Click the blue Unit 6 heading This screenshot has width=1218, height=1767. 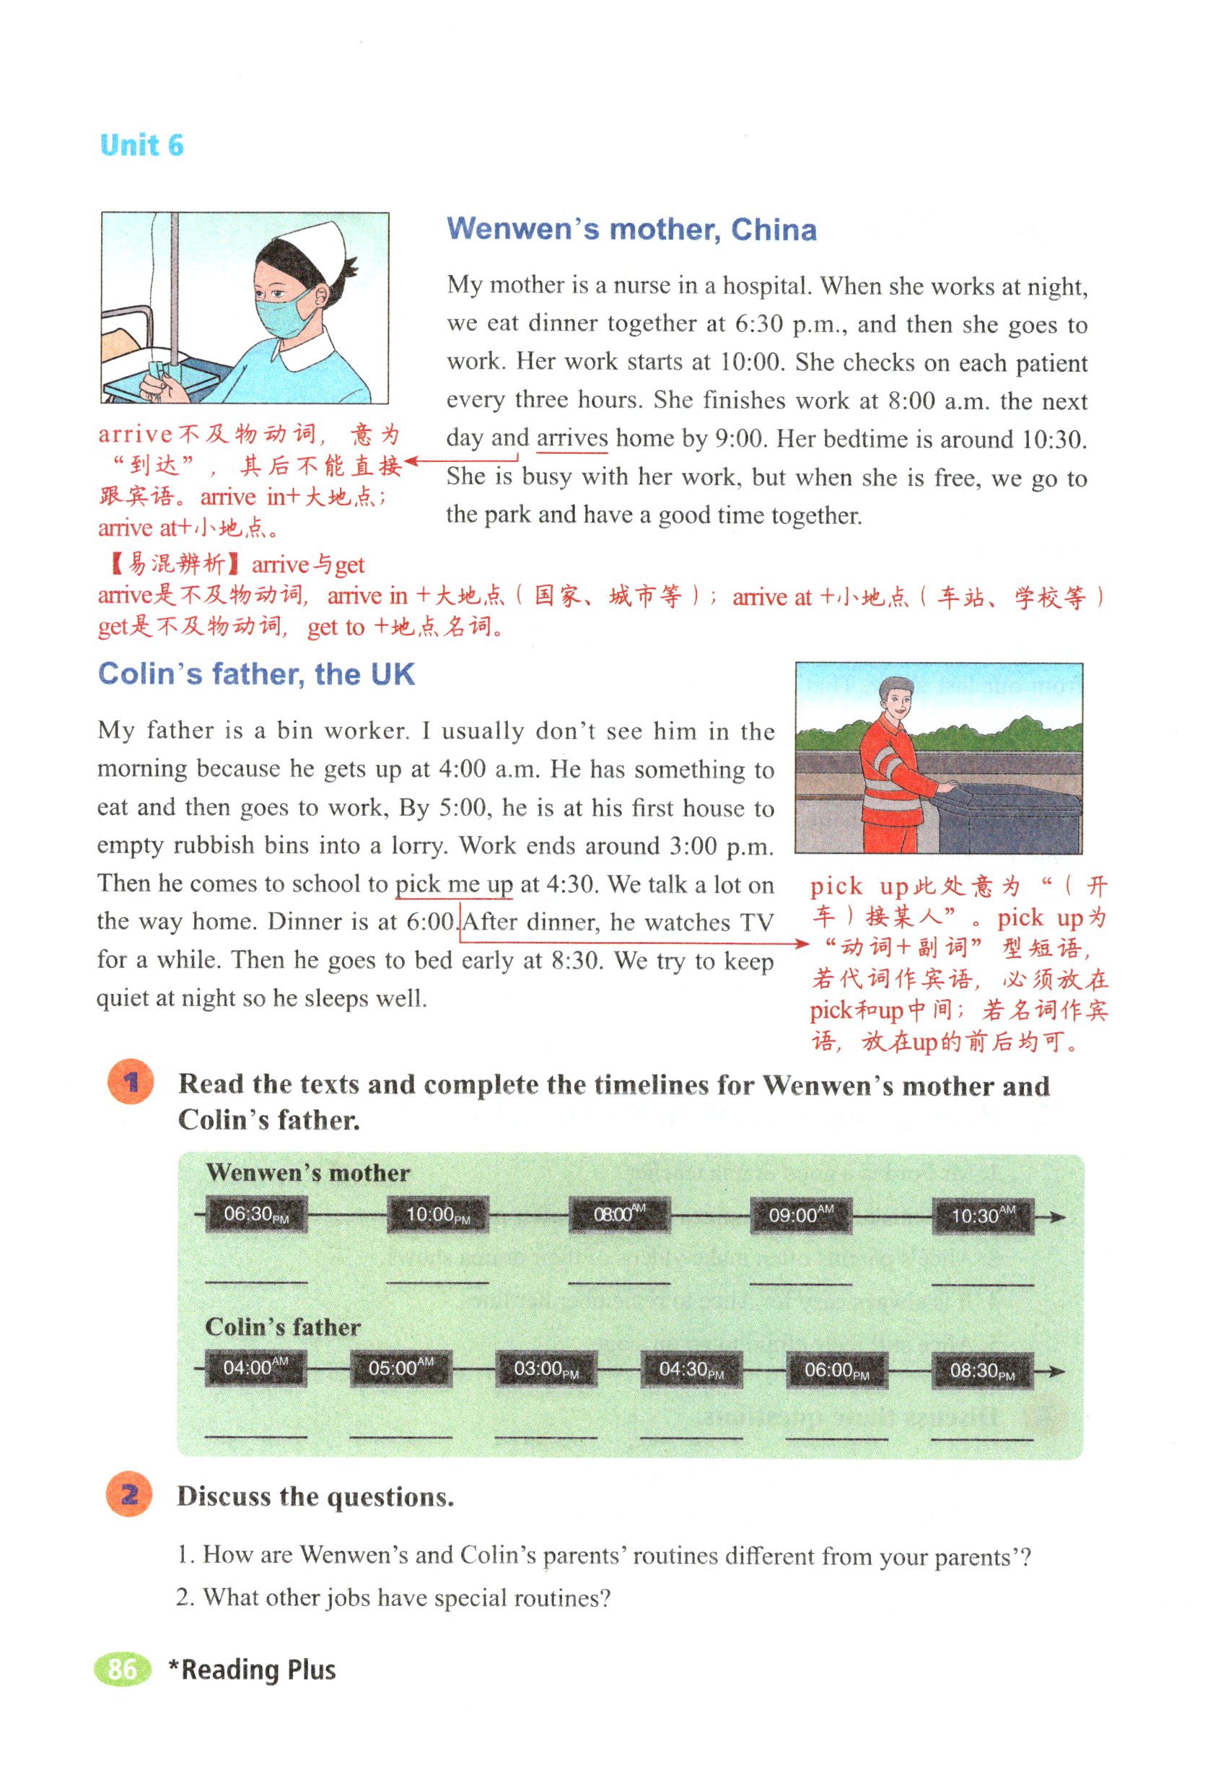point(142,145)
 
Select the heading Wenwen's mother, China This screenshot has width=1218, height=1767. point(631,230)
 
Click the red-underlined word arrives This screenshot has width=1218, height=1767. point(571,439)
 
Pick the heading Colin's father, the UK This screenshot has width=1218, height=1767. point(256,675)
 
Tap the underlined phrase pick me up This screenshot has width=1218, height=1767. point(453,885)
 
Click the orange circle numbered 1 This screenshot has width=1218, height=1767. point(131,1082)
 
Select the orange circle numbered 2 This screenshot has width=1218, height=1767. point(129,1494)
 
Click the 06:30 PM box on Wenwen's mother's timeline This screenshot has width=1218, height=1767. point(256,1214)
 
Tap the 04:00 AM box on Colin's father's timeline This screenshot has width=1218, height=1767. point(255,1367)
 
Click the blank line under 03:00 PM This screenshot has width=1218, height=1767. point(546,1437)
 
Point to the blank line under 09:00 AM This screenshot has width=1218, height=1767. point(799,1284)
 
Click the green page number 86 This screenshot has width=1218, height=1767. point(122,1670)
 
